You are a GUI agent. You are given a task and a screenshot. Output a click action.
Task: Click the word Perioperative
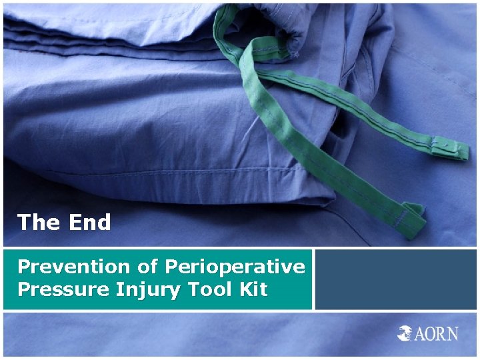click(234, 267)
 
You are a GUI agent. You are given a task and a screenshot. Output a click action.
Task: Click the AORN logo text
click(437, 333)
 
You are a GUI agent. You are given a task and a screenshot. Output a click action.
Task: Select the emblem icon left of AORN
click(406, 333)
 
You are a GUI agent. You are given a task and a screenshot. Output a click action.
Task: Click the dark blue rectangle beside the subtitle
click(396, 279)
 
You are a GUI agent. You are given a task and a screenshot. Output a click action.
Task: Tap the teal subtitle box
click(157, 279)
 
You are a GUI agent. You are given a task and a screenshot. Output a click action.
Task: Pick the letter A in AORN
click(422, 333)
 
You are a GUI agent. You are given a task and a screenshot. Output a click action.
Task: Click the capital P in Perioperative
click(171, 267)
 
